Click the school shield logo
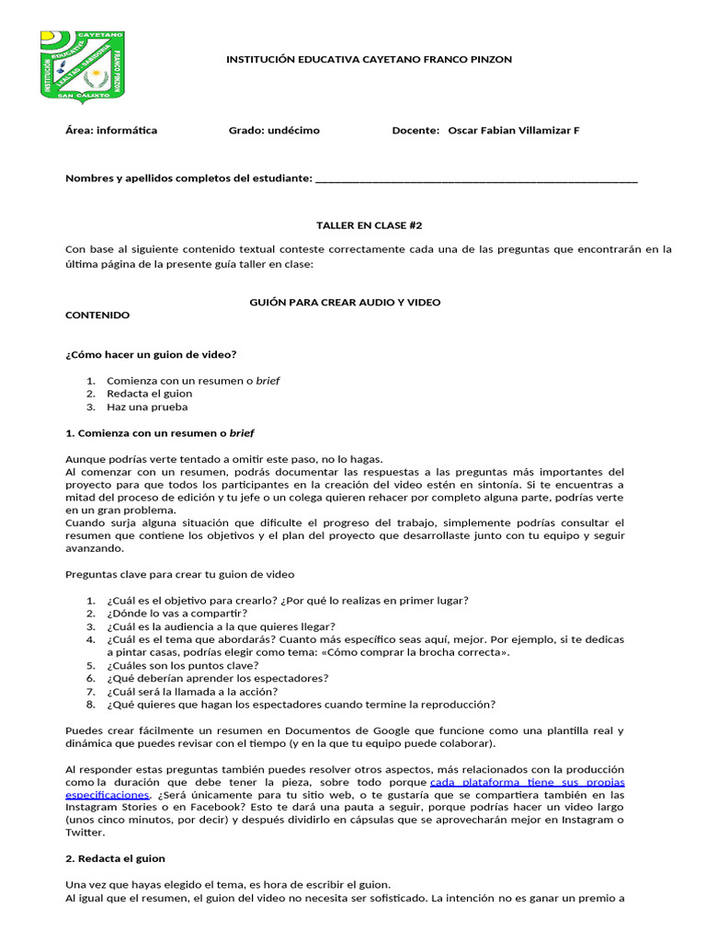click(x=82, y=66)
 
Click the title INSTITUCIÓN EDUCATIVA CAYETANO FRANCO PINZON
click(x=369, y=60)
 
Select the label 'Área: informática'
click(x=111, y=131)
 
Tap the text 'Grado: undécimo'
click(x=274, y=131)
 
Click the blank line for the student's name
click(x=475, y=178)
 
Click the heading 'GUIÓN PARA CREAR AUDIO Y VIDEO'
click(x=345, y=302)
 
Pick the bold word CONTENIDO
click(x=97, y=315)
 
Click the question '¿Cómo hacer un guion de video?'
click(x=151, y=354)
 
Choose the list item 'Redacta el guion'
click(x=149, y=394)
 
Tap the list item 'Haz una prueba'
click(x=147, y=407)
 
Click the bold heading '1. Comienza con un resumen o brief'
click(x=160, y=432)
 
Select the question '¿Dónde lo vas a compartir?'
click(x=176, y=614)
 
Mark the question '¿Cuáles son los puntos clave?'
click(x=182, y=665)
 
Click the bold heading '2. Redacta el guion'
click(x=115, y=858)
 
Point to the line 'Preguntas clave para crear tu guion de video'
click(x=179, y=575)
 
